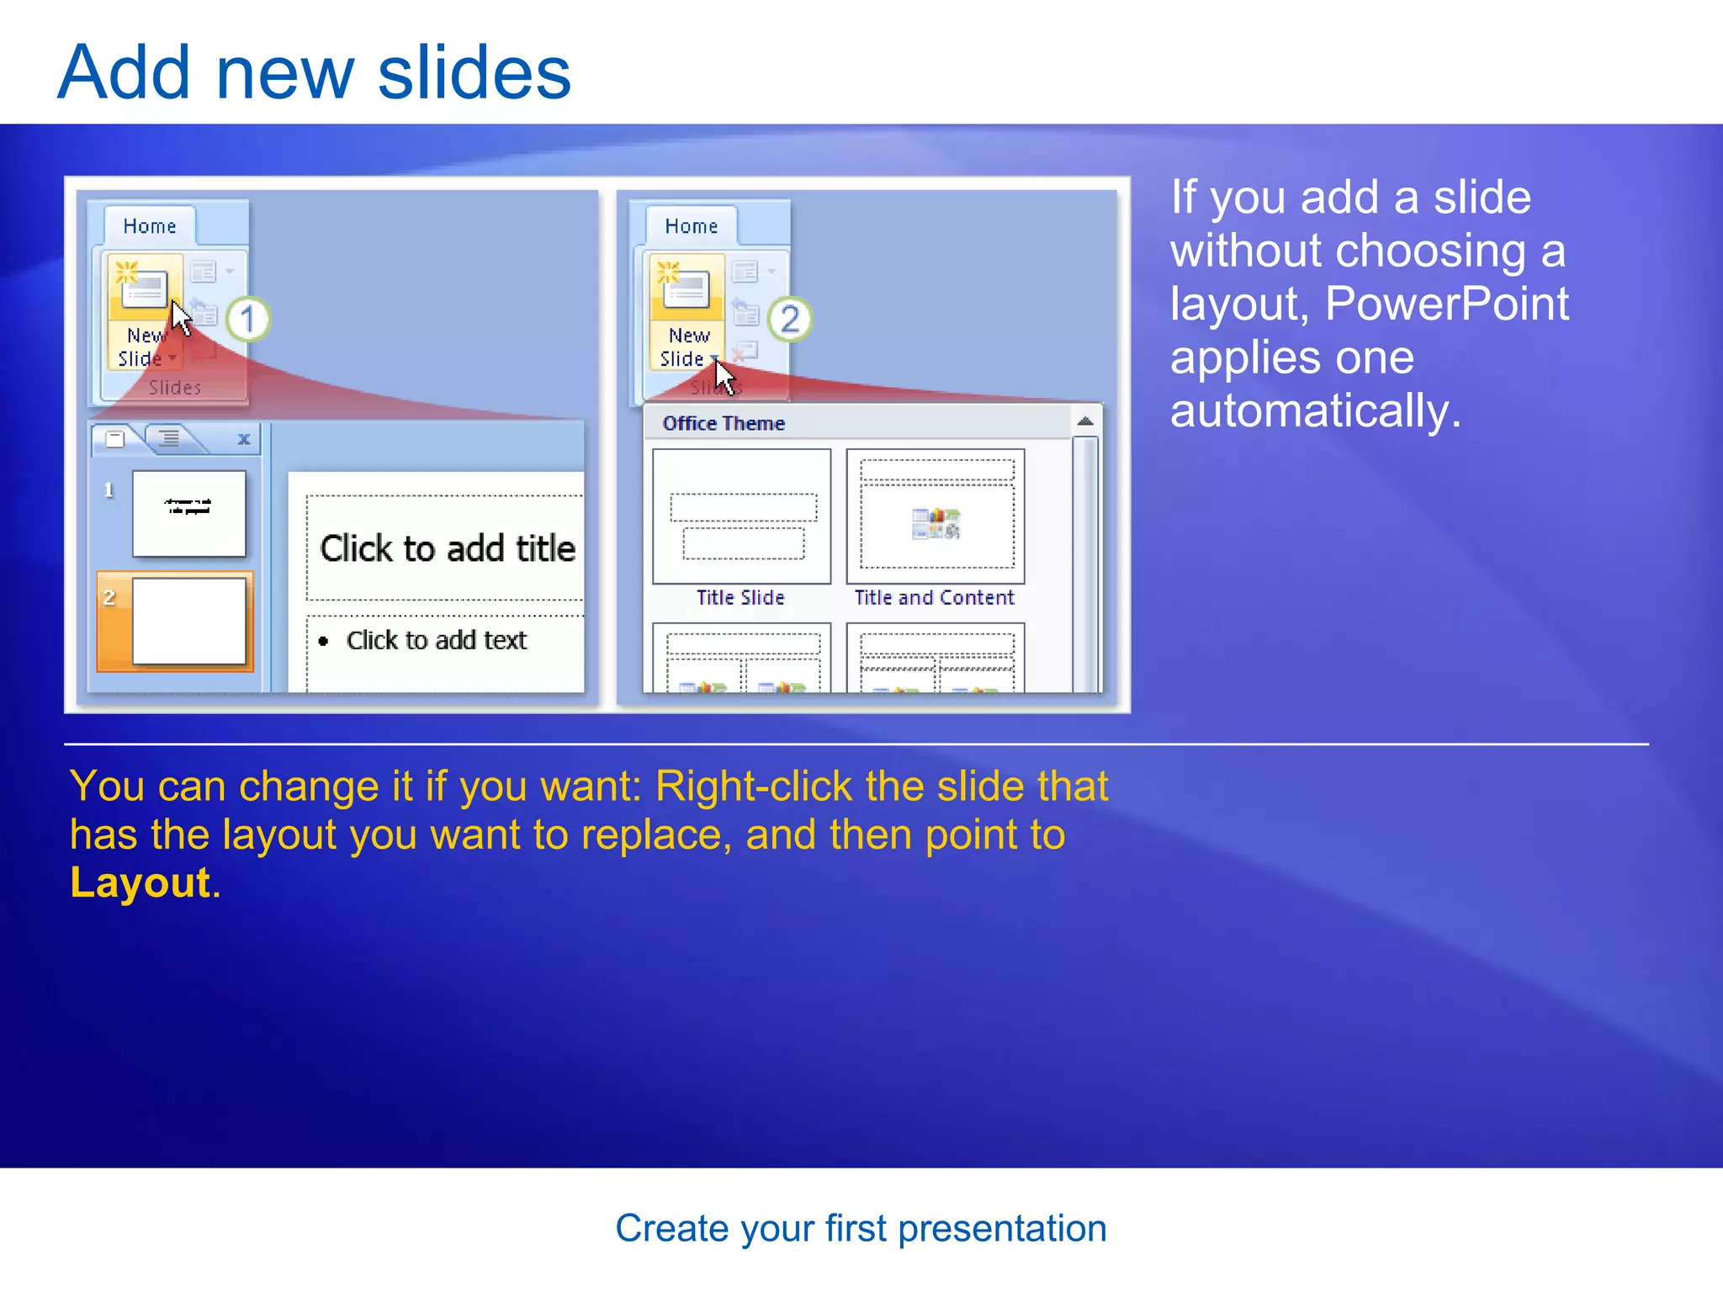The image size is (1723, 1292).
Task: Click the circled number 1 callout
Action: pos(247,320)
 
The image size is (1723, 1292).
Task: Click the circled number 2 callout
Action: pos(789,320)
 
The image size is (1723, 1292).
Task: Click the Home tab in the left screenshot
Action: pos(150,226)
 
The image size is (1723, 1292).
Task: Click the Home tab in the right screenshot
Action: pos(691,226)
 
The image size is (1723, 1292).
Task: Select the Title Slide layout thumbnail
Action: pos(741,516)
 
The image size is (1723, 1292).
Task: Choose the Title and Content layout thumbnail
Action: pos(936,516)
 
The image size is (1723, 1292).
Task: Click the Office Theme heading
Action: pos(724,423)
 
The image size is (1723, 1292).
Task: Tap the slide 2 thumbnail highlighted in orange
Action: pos(188,622)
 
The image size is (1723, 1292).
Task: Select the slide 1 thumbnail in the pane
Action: pos(188,513)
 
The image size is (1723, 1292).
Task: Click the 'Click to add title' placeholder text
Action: pos(448,548)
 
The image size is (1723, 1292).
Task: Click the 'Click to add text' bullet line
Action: pos(436,640)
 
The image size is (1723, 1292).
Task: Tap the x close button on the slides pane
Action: pos(244,439)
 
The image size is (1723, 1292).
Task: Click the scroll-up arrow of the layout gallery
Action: pos(1085,421)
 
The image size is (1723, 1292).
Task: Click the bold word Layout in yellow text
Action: pos(140,882)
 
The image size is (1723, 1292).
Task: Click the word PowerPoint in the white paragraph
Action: pos(1446,303)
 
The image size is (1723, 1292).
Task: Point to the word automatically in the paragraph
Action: pos(1315,410)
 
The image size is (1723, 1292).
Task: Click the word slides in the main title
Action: pos(474,72)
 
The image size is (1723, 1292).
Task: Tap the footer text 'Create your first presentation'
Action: pos(861,1228)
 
